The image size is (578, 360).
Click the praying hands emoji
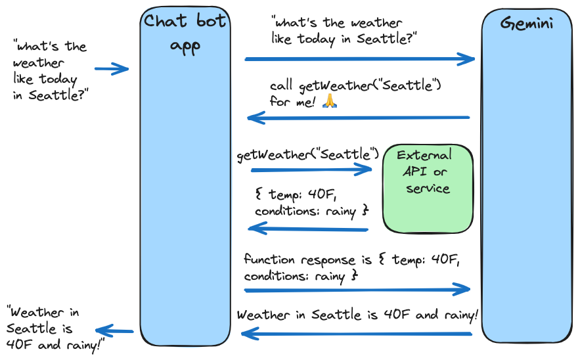coord(330,102)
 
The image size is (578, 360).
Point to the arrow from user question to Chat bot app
coord(111,69)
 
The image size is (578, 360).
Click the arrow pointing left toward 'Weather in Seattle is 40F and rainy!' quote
coord(115,331)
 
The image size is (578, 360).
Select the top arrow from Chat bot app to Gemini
coord(359,59)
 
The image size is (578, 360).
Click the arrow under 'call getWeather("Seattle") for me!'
coord(358,118)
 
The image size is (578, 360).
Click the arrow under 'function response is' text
coord(357,289)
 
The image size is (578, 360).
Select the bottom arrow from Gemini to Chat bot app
coord(357,334)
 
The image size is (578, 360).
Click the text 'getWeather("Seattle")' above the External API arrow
coord(307,155)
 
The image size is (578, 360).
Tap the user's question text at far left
coord(50,71)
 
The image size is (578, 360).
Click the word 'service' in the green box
coord(428,189)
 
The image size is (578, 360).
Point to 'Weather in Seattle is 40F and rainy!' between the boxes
coord(357,315)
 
